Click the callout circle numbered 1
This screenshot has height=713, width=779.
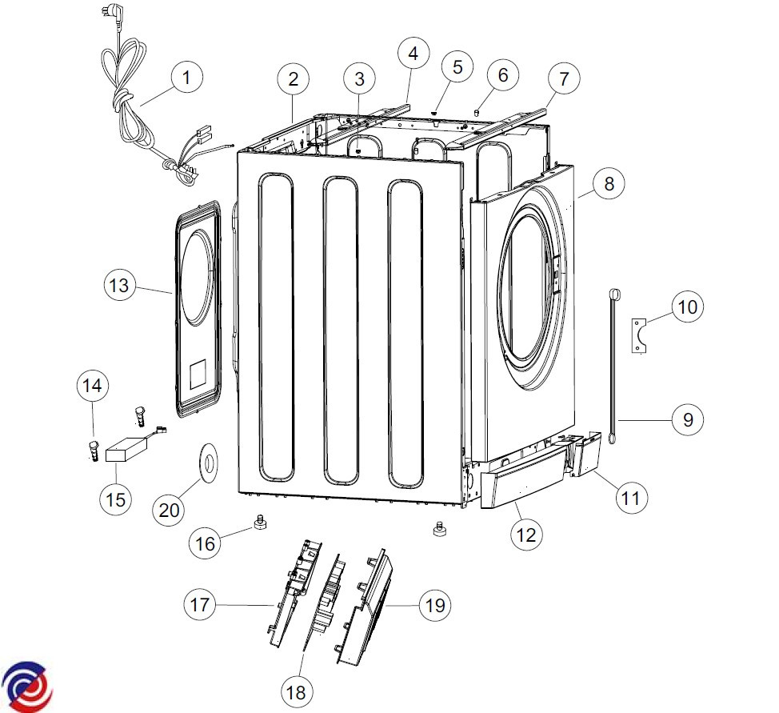186,78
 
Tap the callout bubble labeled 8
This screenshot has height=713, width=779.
609,183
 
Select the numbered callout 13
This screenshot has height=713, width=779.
119,286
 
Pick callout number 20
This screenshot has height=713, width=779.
169,510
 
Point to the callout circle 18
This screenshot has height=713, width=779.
296,691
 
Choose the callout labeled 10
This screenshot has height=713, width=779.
688,307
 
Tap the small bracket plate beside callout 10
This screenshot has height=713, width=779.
639,335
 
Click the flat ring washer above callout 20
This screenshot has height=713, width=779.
210,463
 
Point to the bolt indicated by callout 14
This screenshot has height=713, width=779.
94,451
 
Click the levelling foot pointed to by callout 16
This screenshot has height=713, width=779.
260,523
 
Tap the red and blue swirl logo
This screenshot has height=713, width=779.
27,686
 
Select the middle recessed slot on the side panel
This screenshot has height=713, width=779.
341,330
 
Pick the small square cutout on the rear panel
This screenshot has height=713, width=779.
198,374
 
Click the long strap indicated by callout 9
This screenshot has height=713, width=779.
613,367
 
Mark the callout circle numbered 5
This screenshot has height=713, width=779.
457,67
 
